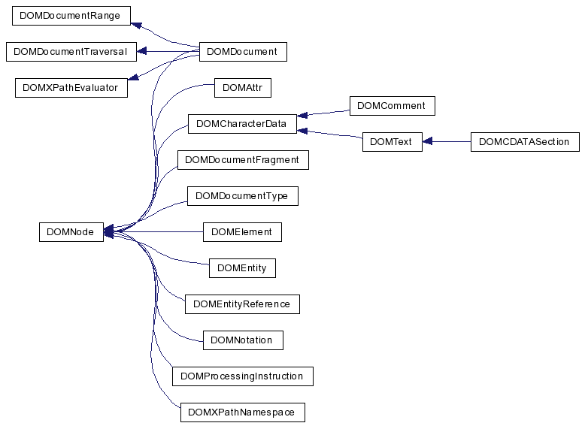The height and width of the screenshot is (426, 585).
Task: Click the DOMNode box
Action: (71, 232)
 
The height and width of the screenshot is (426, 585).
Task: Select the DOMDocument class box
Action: (243, 51)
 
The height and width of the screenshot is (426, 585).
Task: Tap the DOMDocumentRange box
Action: (71, 16)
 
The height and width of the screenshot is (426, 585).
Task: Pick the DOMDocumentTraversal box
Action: (71, 51)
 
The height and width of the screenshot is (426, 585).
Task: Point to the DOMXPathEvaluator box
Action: (71, 88)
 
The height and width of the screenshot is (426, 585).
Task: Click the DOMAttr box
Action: (243, 88)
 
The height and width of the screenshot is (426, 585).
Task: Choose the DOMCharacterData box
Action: (242, 124)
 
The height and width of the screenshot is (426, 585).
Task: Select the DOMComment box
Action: (392, 105)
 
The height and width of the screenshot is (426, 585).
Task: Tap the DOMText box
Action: (392, 142)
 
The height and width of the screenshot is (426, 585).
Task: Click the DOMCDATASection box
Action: (525, 142)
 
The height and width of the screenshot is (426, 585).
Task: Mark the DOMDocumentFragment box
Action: (243, 160)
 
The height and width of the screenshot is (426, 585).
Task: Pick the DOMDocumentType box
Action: (243, 196)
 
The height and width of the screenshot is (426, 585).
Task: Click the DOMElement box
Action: (242, 232)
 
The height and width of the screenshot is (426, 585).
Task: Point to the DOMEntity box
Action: (242, 268)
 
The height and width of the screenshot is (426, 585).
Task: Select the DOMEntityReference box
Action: (242, 304)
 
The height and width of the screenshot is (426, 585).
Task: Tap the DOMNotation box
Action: (243, 340)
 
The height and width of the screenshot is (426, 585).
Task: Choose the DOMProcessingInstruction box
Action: (243, 376)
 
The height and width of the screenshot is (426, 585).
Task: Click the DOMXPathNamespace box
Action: (243, 412)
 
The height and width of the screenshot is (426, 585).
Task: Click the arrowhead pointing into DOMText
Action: (427, 142)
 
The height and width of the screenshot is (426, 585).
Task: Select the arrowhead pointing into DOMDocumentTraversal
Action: (141, 51)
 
